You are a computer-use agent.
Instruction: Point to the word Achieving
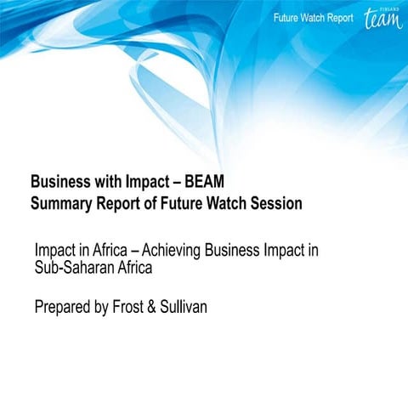(x=180, y=252)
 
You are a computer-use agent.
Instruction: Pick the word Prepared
(x=65, y=306)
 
